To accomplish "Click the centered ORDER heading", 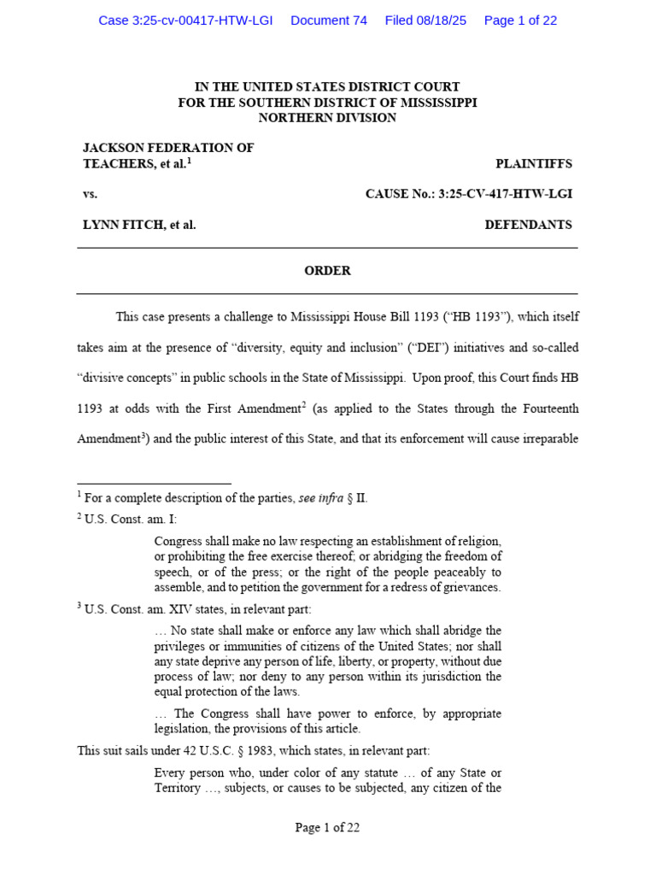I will click(x=327, y=271).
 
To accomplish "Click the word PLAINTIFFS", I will click(x=534, y=164).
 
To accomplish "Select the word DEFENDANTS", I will click(x=528, y=226).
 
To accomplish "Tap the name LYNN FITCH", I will click(x=120, y=226).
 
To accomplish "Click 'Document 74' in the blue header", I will click(x=329, y=21).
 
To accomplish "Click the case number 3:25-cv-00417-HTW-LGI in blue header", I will click(x=185, y=21).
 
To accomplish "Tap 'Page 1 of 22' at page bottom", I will click(x=327, y=827).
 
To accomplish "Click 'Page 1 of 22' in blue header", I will click(x=520, y=21).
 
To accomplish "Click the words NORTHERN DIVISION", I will click(x=327, y=118).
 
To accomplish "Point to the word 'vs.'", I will click(x=90, y=194).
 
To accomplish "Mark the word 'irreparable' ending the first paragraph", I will click(x=545, y=440).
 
